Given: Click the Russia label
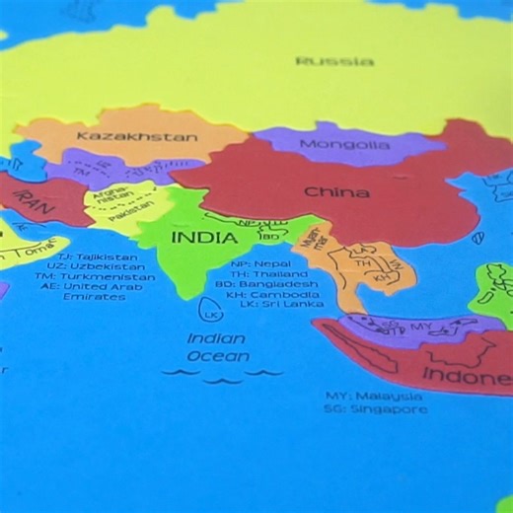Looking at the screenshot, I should [x=334, y=61].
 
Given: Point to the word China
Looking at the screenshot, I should [x=336, y=191].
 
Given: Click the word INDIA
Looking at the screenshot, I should [x=204, y=238].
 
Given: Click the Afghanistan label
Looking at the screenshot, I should [x=108, y=198].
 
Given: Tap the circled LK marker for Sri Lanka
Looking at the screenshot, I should [x=210, y=314].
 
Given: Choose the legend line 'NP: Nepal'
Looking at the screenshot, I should [x=260, y=264].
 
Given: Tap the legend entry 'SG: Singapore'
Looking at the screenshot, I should [x=377, y=408].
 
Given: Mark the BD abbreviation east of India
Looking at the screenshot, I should [x=269, y=237].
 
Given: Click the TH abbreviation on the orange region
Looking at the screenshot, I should [x=363, y=263].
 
